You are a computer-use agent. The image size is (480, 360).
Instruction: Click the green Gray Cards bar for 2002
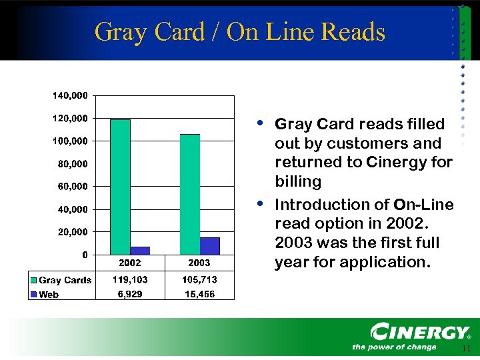tap(120, 187)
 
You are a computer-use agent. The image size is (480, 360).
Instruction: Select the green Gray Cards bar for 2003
tap(189, 194)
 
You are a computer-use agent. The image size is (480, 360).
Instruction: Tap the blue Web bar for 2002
tap(140, 251)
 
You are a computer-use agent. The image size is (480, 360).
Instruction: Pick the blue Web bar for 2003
tap(209, 246)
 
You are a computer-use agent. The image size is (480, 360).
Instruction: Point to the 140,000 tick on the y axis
tap(70, 96)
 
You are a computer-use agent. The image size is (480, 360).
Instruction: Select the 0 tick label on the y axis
tap(84, 255)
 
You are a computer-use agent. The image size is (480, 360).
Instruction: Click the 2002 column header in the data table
tap(130, 263)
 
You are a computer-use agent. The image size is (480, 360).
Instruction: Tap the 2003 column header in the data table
tap(199, 263)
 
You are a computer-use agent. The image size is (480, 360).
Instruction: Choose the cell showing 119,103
tap(130, 280)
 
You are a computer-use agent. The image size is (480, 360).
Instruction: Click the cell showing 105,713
tap(199, 280)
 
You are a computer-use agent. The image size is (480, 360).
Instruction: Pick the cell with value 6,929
tap(130, 294)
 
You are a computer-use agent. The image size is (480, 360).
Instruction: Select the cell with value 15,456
tap(199, 294)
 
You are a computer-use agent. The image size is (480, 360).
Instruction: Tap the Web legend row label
tap(48, 294)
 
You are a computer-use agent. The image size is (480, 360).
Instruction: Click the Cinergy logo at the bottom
tap(420, 333)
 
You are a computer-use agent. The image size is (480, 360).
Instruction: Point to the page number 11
tap(465, 349)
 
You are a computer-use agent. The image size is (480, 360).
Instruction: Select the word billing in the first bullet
tap(298, 181)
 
